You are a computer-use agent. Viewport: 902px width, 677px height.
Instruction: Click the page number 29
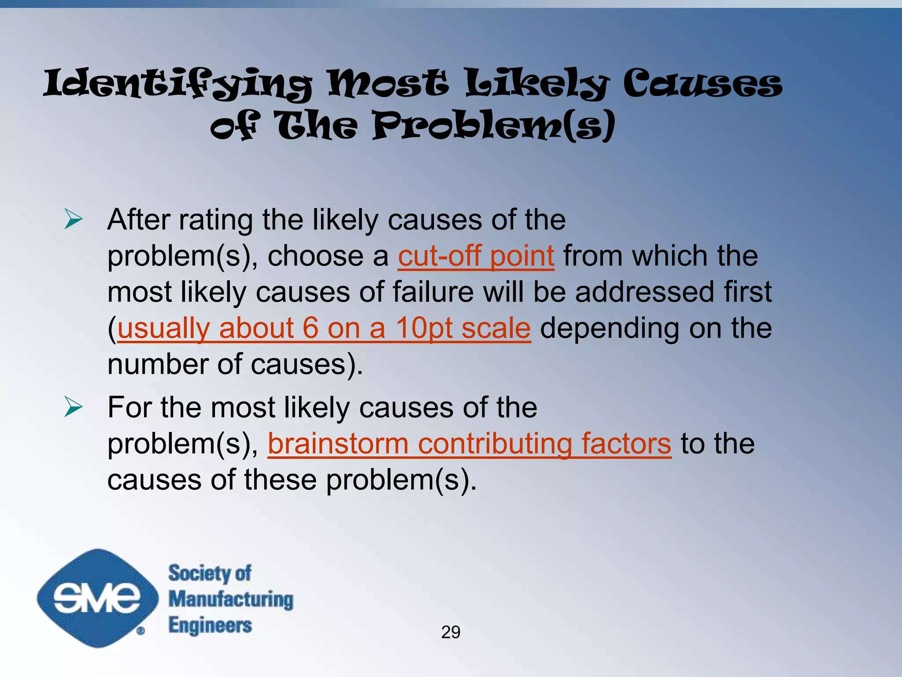click(x=451, y=632)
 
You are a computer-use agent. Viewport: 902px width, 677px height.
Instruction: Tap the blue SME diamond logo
click(x=97, y=598)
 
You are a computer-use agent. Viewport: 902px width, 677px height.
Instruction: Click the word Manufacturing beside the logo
click(x=231, y=599)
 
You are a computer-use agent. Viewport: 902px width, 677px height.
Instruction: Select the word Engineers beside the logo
click(x=210, y=625)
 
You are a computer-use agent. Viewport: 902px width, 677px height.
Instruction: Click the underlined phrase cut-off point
click(x=476, y=256)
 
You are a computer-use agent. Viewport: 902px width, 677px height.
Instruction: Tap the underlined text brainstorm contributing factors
click(x=469, y=443)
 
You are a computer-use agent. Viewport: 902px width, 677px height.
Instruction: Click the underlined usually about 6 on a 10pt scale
click(x=324, y=328)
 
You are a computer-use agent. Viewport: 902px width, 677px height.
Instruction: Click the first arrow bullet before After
click(x=73, y=219)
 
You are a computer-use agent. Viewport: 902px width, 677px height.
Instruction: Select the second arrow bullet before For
click(x=73, y=406)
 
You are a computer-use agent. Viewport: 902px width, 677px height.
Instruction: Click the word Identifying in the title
click(x=177, y=84)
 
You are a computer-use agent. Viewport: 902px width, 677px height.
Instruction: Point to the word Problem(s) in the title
click(x=494, y=126)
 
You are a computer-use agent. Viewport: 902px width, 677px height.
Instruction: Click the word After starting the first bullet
click(x=138, y=219)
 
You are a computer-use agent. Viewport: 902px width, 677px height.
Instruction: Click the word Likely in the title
click(x=537, y=84)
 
